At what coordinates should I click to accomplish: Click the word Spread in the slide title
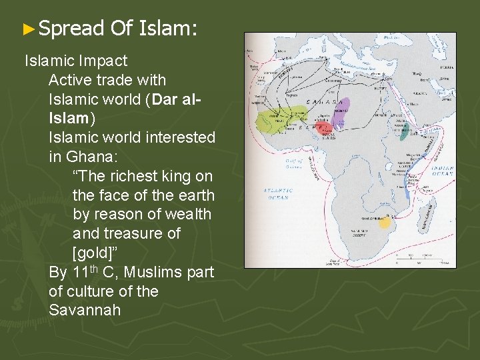(71, 28)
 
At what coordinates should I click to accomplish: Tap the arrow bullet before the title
(27, 29)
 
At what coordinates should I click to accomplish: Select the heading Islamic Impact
(75, 61)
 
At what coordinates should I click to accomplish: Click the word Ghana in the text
(85, 157)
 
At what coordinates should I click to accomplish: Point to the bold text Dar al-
(176, 99)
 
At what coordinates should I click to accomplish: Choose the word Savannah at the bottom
(84, 311)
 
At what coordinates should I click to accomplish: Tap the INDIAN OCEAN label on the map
(441, 171)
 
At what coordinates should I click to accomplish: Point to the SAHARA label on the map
(327, 103)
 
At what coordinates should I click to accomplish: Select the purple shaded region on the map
(340, 118)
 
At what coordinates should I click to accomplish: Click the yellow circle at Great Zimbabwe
(384, 223)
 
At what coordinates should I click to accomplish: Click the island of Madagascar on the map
(427, 211)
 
